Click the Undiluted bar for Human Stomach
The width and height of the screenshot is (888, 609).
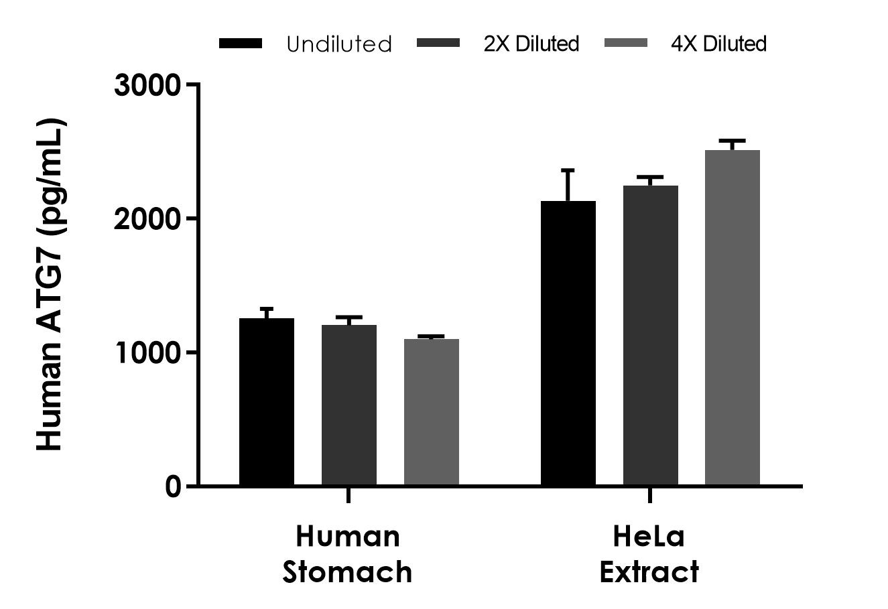[x=267, y=401]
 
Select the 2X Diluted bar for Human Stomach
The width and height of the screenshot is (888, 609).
[x=349, y=405]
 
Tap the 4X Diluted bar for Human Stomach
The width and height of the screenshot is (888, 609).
[x=431, y=411]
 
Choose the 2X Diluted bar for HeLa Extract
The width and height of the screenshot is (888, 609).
[x=651, y=335]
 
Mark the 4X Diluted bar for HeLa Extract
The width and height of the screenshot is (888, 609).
[x=733, y=318]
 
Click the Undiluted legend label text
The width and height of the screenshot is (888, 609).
[x=338, y=44]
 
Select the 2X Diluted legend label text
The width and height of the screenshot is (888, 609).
[x=531, y=44]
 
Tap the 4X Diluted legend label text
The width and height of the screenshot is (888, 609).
[x=718, y=44]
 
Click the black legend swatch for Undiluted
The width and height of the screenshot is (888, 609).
[x=240, y=44]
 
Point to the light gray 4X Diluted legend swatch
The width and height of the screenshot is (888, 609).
[x=626, y=44]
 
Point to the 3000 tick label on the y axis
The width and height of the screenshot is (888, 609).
[x=147, y=85]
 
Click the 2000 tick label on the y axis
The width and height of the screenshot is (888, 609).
[x=147, y=219]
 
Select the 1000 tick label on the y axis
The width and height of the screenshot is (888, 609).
[x=147, y=352]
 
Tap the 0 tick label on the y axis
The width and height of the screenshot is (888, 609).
[x=173, y=486]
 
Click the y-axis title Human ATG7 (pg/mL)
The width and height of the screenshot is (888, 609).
[x=51, y=285]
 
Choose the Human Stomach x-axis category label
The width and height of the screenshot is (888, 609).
[x=348, y=554]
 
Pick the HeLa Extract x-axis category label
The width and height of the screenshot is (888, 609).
[x=649, y=554]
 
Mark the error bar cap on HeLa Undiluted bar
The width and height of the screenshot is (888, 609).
[x=568, y=170]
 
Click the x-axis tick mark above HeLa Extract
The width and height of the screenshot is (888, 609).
[x=650, y=496]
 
